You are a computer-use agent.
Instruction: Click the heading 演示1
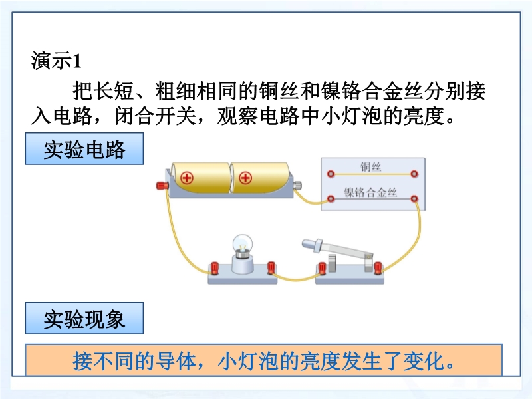coord(57,61)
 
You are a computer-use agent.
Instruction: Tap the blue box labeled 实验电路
coord(84,148)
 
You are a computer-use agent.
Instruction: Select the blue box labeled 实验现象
coord(84,319)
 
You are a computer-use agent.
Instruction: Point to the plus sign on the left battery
coord(187,178)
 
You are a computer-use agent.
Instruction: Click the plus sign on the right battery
coord(245,178)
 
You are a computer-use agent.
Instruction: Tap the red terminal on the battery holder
coord(162,186)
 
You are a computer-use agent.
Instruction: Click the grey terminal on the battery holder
coord(297,186)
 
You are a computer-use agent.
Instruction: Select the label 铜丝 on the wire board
coord(370,167)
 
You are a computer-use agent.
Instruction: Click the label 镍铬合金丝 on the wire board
coord(370,192)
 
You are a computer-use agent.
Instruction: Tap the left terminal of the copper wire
coord(331,174)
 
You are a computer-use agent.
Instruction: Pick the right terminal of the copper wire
coord(414,174)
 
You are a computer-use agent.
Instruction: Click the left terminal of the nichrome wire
coord(331,199)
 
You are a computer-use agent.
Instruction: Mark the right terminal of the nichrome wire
coord(414,199)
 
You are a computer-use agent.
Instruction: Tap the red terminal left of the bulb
coord(214,268)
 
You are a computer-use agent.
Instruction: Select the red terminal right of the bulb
coord(271,268)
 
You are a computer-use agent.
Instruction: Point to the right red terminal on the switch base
coord(378,268)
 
